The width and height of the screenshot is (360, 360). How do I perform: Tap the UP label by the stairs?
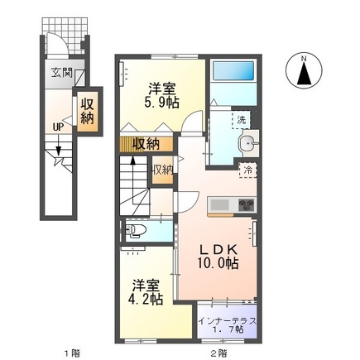[57, 127]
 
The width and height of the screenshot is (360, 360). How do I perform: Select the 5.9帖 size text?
[161, 102]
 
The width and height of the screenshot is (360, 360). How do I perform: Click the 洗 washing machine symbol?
[242, 121]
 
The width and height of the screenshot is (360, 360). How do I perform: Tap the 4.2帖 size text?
[144, 299]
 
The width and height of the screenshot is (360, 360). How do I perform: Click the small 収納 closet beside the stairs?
[161, 170]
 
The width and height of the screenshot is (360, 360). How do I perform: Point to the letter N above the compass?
[304, 58]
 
